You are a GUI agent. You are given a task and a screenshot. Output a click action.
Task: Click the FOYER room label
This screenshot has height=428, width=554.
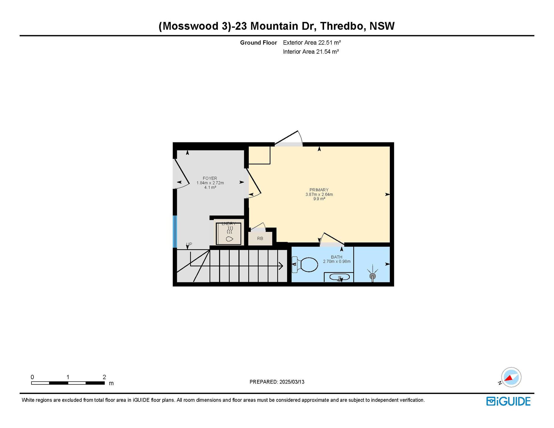[210, 178]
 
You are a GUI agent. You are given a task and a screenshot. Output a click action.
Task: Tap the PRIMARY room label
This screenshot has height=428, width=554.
[319, 190]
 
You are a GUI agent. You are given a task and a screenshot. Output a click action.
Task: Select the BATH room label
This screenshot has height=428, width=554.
[336, 257]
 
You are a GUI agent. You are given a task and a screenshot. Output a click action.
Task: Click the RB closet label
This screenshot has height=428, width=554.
[260, 239]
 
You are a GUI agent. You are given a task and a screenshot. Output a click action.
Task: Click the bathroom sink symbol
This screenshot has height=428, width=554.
[339, 278]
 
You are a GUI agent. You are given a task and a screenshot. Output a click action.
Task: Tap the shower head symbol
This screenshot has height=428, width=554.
[373, 274]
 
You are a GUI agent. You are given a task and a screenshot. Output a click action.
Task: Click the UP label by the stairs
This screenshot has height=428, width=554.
[189, 244]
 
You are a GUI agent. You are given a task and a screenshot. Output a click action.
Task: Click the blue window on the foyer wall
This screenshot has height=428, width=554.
[175, 232]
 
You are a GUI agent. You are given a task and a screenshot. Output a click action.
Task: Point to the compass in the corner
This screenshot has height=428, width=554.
[511, 377]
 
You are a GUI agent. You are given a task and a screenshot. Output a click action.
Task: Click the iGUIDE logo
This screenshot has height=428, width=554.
[508, 401]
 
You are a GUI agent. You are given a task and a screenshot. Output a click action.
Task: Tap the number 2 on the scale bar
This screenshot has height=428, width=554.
[104, 377]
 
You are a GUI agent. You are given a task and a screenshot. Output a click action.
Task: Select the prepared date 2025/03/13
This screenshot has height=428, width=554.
[292, 382]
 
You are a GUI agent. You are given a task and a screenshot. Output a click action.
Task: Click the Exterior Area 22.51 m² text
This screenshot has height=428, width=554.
[312, 43]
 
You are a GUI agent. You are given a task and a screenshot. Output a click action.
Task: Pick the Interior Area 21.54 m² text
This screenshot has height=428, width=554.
[311, 52]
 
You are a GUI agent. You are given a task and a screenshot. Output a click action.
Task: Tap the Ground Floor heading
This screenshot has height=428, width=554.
[259, 43]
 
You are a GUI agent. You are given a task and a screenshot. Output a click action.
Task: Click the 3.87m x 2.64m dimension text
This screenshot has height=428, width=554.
[319, 194]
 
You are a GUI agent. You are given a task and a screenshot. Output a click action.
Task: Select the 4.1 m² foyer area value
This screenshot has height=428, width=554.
[210, 187]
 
